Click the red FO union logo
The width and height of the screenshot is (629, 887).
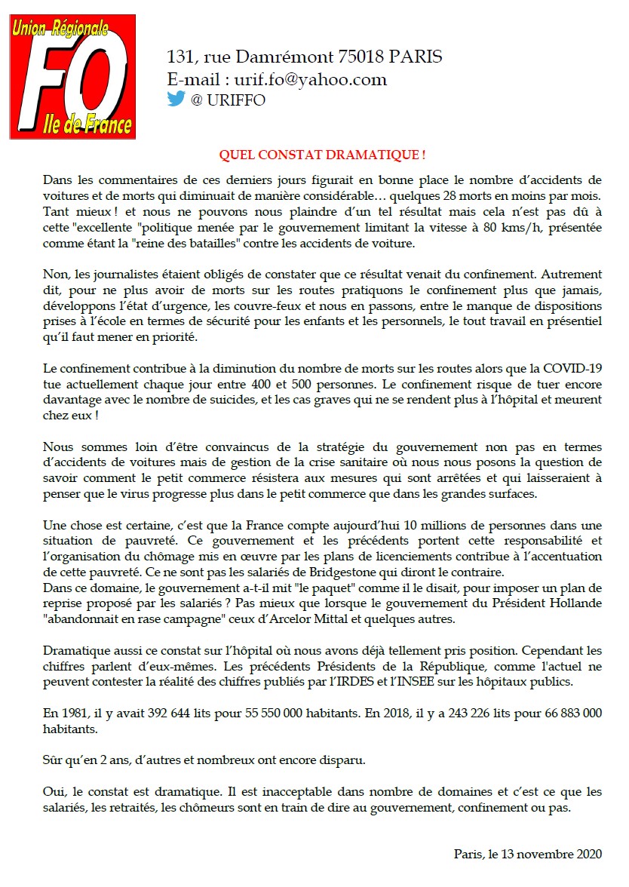click(72, 76)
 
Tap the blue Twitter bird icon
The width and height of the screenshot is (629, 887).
click(176, 100)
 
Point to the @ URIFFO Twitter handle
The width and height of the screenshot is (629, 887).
click(229, 100)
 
